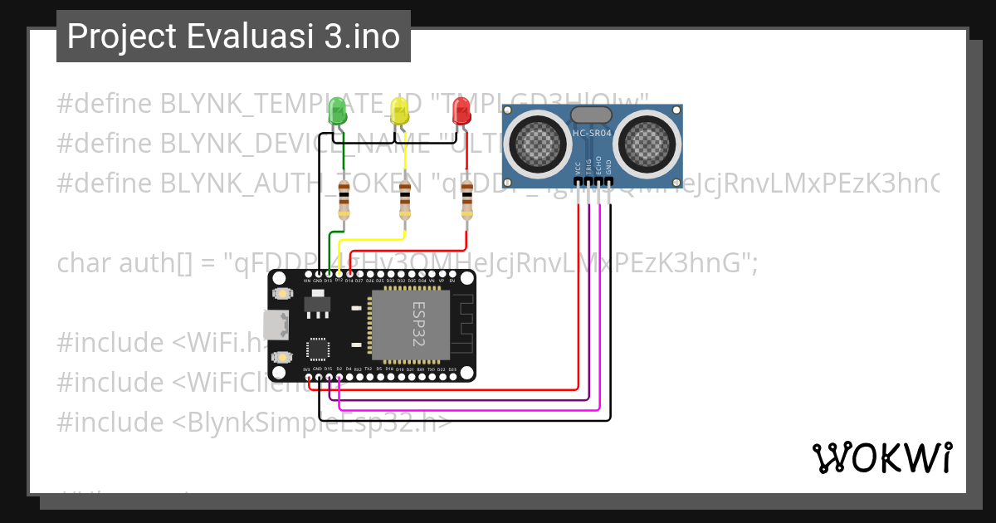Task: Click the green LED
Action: click(337, 111)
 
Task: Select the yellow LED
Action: click(399, 111)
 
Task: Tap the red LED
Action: click(461, 111)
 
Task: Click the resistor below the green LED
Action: click(343, 198)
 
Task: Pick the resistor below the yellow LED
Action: click(404, 198)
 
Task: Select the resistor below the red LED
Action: click(466, 198)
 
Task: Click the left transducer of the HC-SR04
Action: click(538, 142)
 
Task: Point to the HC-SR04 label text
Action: click(592, 133)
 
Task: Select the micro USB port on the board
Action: click(275, 325)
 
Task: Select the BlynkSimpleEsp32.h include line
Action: click(254, 422)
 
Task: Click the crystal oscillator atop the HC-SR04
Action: click(592, 115)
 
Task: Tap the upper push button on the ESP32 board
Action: click(282, 294)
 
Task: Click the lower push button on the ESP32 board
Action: click(282, 356)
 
